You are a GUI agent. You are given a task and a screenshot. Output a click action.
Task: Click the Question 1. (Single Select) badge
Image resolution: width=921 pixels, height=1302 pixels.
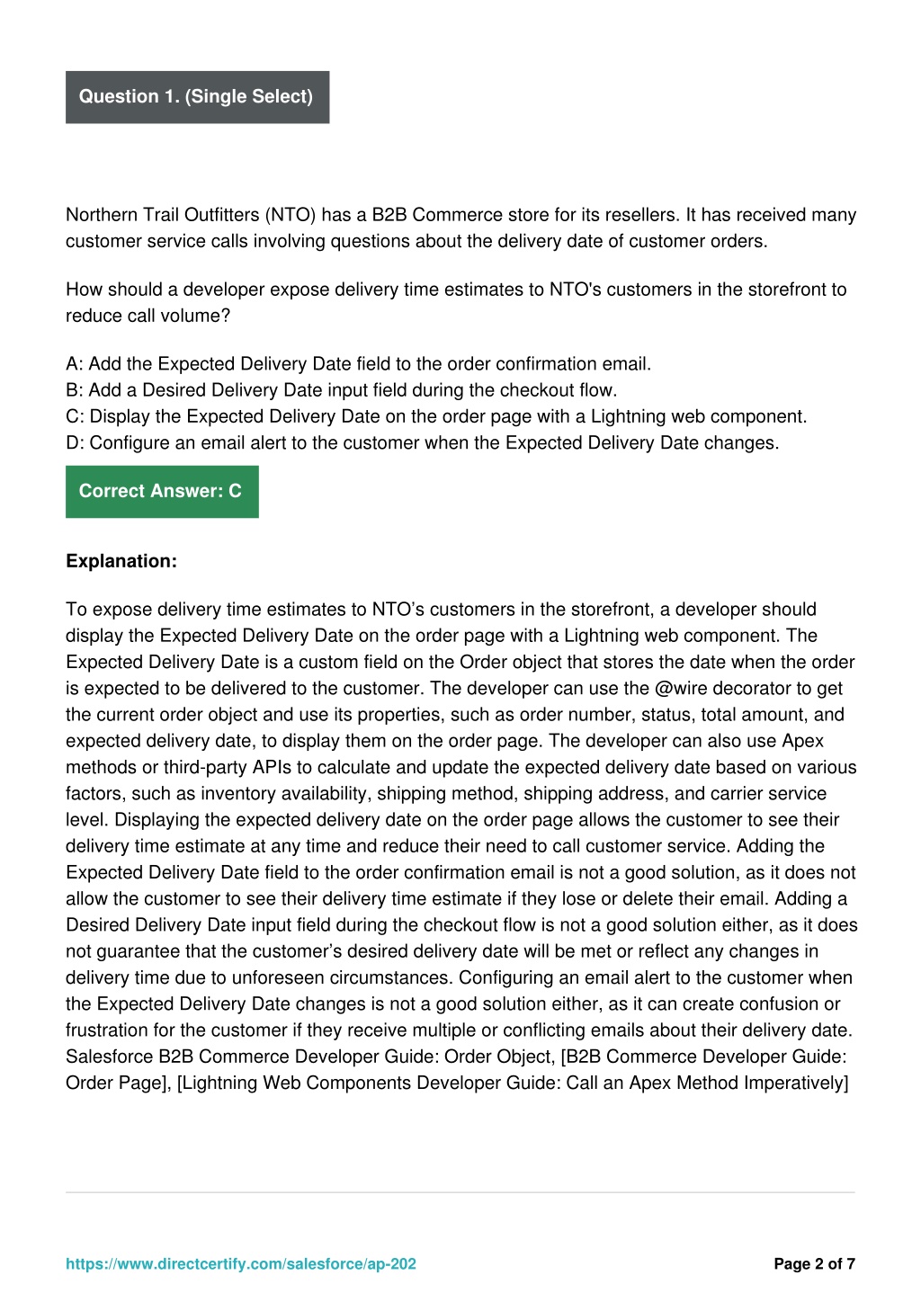tap(196, 97)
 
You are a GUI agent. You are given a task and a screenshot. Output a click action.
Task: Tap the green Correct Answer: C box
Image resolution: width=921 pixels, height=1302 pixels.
tap(161, 491)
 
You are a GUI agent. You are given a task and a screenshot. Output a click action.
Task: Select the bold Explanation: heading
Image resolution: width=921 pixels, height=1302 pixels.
tap(121, 561)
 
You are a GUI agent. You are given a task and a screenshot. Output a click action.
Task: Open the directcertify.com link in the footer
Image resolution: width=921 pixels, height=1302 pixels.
tap(241, 1264)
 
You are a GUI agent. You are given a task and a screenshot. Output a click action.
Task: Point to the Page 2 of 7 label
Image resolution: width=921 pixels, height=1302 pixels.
tap(814, 1264)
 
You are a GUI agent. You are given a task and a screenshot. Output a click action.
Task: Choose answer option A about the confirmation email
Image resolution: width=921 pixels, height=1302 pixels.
tap(358, 364)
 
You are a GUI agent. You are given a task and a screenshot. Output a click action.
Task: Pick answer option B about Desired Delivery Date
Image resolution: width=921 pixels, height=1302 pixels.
tap(341, 390)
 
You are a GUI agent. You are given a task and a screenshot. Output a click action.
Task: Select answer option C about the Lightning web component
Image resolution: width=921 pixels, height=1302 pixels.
tap(436, 416)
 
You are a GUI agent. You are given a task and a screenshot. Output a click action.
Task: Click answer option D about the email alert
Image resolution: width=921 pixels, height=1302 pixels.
tap(422, 442)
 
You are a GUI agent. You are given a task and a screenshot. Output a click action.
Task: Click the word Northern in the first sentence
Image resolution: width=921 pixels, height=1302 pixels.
tap(102, 215)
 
